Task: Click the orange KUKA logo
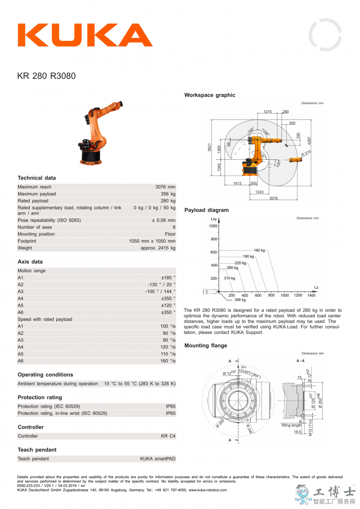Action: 85,35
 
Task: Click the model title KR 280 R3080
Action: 46,76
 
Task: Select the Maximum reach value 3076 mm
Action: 165,187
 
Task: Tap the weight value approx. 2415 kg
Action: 158,248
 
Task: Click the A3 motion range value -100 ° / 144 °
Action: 160,292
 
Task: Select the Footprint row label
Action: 27,241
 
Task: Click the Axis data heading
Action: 30,261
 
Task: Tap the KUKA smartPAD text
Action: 157,459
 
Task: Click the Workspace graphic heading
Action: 210,95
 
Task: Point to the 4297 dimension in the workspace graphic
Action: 309,140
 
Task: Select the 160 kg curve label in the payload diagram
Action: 259,250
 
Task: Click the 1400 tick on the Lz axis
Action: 311,295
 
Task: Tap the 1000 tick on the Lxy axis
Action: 213,226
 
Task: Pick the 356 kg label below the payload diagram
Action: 240,300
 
